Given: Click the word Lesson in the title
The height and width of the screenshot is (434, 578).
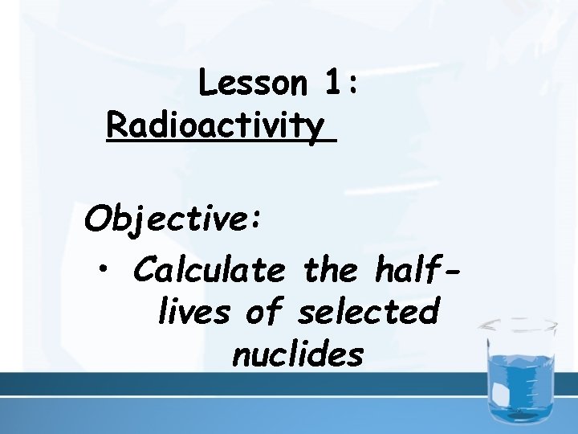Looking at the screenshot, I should coord(252,83).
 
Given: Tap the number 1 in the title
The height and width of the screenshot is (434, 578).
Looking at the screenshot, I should coord(336,83).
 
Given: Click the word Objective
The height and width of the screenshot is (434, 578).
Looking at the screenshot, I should coord(165,218).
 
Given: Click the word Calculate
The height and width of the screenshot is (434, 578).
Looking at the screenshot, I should coord(209,271).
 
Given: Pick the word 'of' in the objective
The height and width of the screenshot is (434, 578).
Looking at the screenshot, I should coord(263,312).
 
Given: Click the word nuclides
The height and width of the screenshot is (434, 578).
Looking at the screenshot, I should coord(298,354).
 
